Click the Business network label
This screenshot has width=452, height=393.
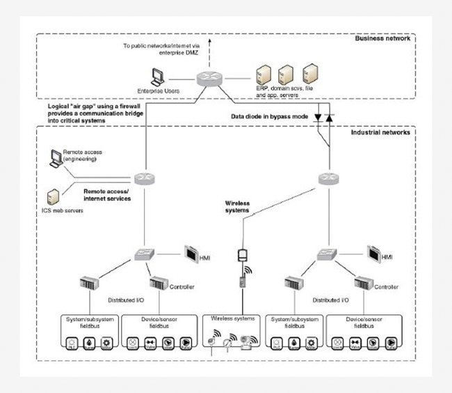point(383,38)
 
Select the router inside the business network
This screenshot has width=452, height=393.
point(207,79)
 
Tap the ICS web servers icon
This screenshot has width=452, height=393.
point(52,196)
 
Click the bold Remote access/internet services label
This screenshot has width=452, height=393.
point(106,193)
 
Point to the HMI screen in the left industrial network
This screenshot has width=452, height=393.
point(192,252)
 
